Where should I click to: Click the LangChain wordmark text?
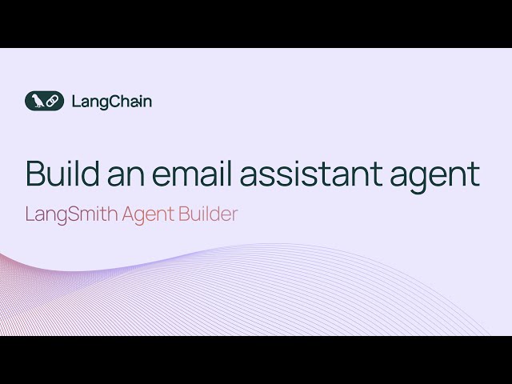coord(111,102)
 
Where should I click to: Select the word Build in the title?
coord(63,174)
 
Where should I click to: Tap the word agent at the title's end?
coord(440,178)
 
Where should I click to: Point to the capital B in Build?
coord(34,174)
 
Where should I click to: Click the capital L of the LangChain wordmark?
coord(74,102)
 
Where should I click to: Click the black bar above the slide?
coord(256,23)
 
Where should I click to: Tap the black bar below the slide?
coord(256,360)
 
